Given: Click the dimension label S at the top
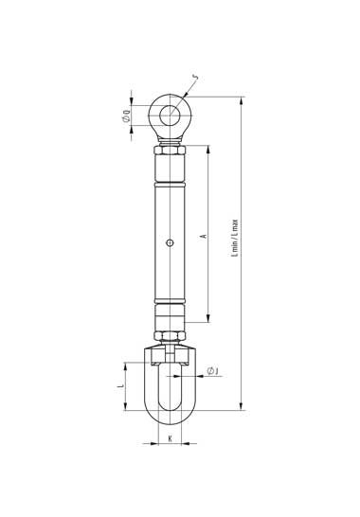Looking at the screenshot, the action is coord(196,78).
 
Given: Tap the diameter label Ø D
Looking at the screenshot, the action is coord(126,116).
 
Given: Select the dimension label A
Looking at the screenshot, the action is coord(204,236).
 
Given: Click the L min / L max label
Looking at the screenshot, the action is coord(235,238).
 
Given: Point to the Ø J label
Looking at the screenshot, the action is coord(213,371).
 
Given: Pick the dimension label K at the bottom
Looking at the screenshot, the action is coord(170,438).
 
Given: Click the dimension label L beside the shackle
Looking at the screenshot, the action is coord(121,385).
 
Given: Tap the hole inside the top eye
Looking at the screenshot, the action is coord(170,116).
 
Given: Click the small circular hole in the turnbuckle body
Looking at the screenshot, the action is coord(170,243).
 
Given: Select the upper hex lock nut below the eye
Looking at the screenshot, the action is coord(170,150).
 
